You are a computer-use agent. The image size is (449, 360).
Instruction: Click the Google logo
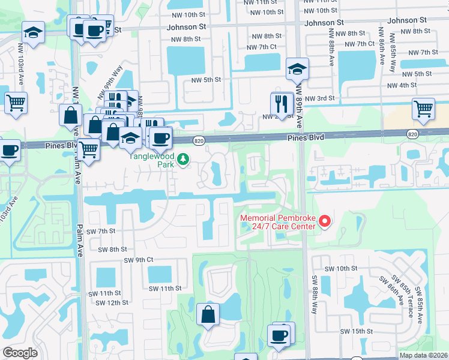[20, 353]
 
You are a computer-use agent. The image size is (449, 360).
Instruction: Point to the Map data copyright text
[424, 355]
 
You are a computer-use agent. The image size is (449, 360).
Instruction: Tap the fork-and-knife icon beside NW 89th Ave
[280, 103]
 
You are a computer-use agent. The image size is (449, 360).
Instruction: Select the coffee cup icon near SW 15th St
[280, 334]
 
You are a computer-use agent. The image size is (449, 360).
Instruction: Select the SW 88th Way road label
[314, 293]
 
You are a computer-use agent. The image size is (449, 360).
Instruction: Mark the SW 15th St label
[357, 331]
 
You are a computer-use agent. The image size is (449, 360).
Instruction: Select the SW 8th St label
[112, 249]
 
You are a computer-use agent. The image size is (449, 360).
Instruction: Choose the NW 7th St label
[421, 52]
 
